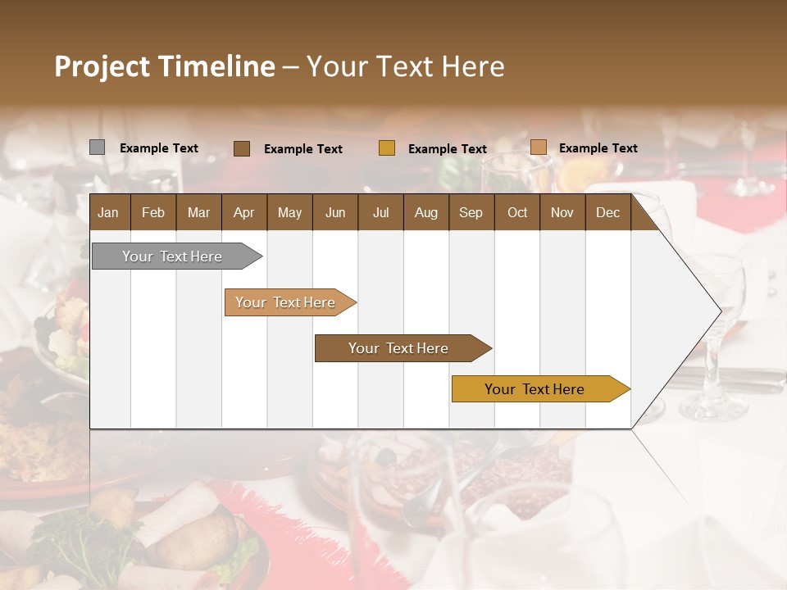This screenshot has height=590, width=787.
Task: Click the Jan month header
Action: (x=109, y=212)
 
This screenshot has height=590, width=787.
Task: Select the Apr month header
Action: (x=244, y=212)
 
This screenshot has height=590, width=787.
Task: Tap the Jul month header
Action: (x=380, y=212)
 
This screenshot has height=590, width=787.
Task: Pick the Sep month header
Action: (x=471, y=212)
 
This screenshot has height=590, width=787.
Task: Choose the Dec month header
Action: (x=607, y=212)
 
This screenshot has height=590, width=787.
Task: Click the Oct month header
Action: (x=517, y=212)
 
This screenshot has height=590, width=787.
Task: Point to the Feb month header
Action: (x=153, y=212)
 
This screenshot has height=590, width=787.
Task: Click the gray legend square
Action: (x=97, y=147)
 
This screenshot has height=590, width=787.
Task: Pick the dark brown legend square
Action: (x=242, y=148)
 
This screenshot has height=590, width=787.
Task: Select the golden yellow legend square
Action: (x=387, y=148)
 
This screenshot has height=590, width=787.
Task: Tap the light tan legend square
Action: (x=538, y=147)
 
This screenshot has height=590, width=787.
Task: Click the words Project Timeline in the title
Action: (x=164, y=66)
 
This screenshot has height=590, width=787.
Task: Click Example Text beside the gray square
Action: (x=159, y=148)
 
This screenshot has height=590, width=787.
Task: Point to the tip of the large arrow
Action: (x=719, y=311)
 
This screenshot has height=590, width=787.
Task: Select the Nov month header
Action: (x=562, y=212)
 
